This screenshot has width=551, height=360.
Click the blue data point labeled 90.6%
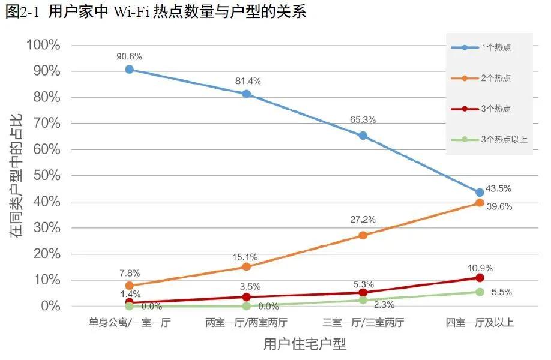click(129, 70)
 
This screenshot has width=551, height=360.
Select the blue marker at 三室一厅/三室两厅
click(363, 136)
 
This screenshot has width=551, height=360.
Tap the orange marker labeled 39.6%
click(480, 203)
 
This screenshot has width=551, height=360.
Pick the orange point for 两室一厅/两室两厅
click(246, 267)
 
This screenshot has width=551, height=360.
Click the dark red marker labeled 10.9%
click(480, 278)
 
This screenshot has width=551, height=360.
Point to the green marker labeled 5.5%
click(480, 292)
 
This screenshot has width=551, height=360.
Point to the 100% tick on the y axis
click(43, 45)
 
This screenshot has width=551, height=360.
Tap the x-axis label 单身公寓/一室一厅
click(129, 323)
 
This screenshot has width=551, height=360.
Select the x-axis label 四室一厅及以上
click(480, 323)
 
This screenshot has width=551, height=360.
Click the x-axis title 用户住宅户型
click(304, 345)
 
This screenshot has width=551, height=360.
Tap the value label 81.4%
click(247, 80)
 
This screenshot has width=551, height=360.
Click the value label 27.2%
click(363, 220)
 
